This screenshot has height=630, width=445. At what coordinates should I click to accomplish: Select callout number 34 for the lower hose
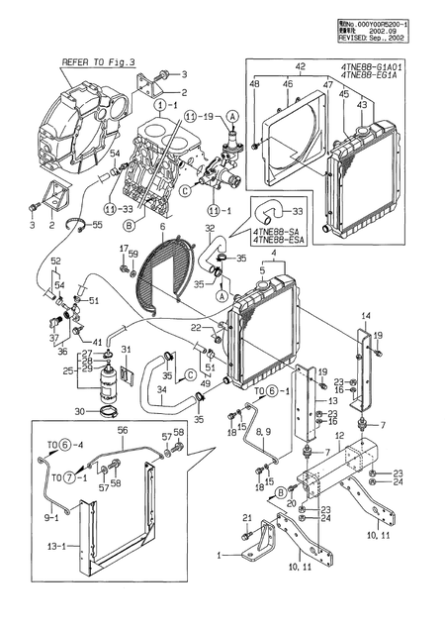point(161,390)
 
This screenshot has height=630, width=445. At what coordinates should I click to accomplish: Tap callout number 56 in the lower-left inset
point(123,432)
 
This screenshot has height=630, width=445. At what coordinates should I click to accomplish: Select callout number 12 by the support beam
point(338,435)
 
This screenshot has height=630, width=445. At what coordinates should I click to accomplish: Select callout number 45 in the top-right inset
point(344,94)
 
